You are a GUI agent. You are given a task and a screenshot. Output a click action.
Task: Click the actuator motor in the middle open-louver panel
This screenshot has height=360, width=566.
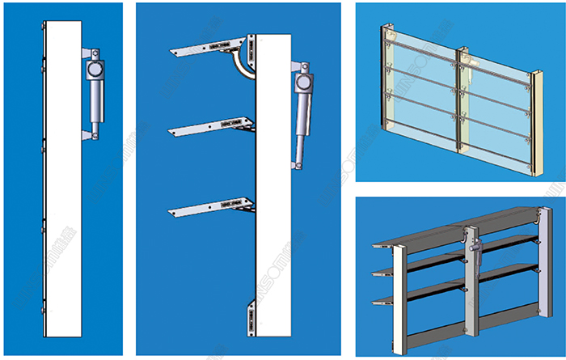tap(305, 83)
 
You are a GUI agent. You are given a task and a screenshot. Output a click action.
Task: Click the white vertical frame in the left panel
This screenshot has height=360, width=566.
tap(62, 178)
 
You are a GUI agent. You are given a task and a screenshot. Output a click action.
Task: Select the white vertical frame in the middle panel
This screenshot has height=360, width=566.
tap(272, 202)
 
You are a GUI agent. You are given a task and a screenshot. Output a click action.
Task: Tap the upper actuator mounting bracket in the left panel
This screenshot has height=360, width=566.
tap(88, 47)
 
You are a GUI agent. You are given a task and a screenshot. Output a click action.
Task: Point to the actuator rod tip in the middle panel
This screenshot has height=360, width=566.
tap(298, 164)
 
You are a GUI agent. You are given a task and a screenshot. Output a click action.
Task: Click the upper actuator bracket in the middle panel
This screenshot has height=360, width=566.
tap(297, 62)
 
